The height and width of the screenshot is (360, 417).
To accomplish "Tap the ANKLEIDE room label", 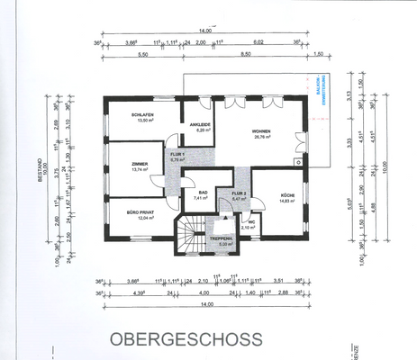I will click(x=200, y=124).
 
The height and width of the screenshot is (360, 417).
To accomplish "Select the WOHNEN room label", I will click(x=262, y=131).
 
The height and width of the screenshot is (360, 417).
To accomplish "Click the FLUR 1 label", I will click(x=177, y=154).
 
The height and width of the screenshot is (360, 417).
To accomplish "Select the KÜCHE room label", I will click(x=287, y=195).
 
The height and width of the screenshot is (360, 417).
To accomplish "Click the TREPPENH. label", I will click(x=221, y=238).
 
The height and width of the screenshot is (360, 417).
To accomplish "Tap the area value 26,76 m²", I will click(x=262, y=138).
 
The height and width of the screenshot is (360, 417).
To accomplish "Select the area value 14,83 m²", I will click(x=287, y=202).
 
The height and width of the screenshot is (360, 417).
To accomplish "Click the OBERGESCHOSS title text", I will click(x=186, y=339).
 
